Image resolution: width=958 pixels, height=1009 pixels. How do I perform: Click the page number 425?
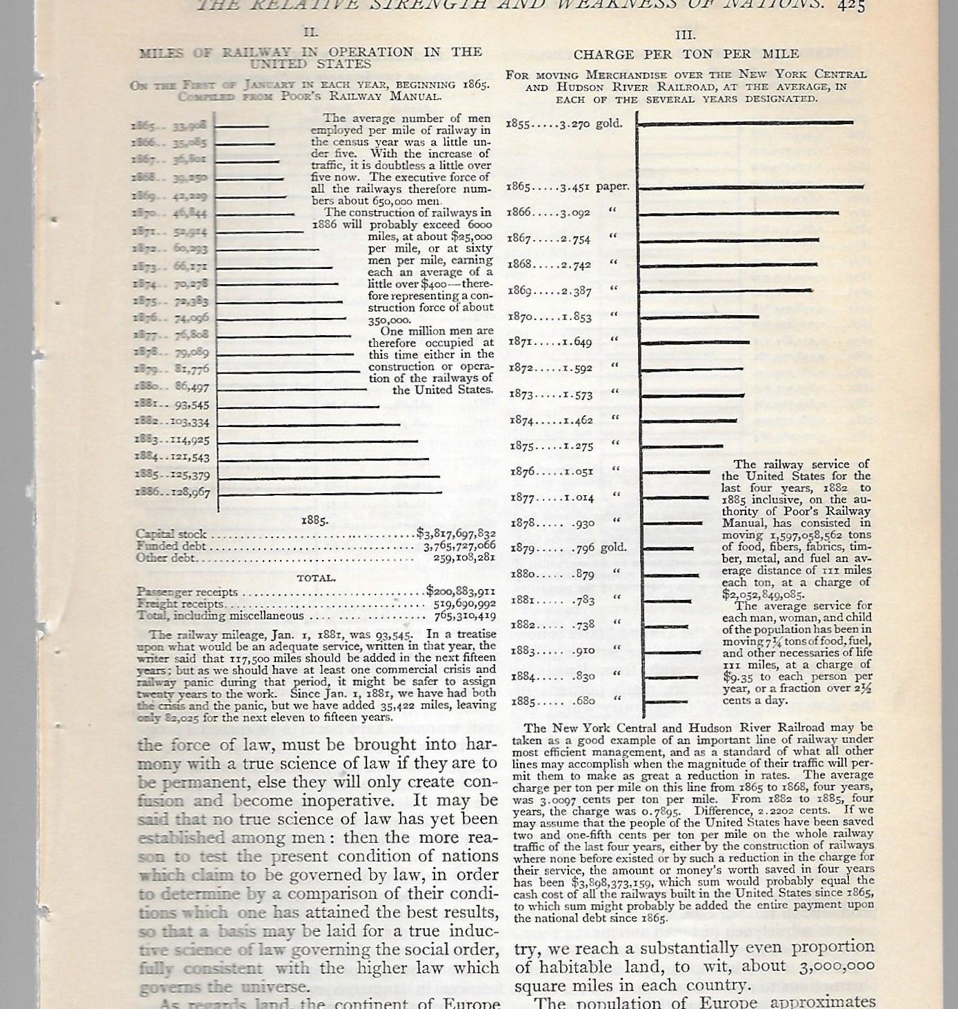(x=851, y=6)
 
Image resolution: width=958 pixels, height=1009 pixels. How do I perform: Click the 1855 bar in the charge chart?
(x=745, y=123)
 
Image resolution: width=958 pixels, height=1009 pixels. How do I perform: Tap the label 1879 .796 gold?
(x=567, y=548)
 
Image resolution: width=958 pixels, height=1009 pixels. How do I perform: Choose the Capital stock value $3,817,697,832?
(x=456, y=534)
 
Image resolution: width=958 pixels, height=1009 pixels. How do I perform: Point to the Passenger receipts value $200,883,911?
(x=460, y=592)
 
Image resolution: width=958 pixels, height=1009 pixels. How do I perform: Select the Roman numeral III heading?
(x=686, y=35)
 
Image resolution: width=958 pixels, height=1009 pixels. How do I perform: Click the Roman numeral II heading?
(x=312, y=32)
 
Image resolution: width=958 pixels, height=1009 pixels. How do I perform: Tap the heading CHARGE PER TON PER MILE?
(x=686, y=54)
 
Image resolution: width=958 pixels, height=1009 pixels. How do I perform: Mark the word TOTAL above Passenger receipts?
(x=316, y=578)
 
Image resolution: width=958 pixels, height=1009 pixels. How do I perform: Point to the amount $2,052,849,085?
(x=763, y=594)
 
